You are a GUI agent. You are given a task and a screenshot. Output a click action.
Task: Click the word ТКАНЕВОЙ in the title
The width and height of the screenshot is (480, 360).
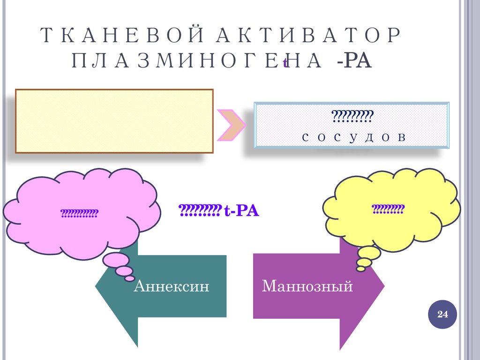click(116, 36)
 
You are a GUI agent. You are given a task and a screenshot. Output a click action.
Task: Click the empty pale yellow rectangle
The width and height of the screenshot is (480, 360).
click(114, 121)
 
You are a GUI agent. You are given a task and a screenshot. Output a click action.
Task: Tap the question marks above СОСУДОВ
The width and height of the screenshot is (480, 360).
click(352, 115)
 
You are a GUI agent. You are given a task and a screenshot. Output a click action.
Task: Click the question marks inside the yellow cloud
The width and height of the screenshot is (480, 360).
click(388, 209)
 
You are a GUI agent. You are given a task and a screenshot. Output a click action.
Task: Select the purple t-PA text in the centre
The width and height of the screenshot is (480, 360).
click(241, 211)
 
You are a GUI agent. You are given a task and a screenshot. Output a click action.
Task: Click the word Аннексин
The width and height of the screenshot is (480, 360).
click(171, 286)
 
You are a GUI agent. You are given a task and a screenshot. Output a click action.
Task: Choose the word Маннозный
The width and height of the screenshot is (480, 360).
click(307, 285)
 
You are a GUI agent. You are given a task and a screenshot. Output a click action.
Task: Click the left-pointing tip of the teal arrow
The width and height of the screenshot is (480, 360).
click(98, 286)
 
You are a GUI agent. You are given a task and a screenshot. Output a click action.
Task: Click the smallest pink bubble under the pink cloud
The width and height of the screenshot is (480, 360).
click(130, 278)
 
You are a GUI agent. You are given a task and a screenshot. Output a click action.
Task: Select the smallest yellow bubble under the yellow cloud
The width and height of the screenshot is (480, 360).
click(360, 269)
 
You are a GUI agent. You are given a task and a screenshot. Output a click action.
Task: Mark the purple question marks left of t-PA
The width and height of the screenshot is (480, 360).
click(199, 211)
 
